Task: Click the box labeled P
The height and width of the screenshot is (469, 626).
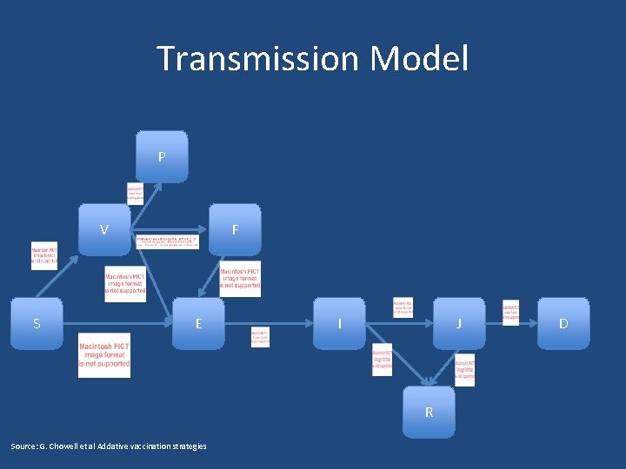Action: pos(161,156)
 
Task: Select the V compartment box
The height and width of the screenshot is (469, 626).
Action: pos(104,230)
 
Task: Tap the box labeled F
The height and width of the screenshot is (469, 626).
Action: pos(235,230)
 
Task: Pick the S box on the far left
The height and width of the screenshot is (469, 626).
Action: pos(37,324)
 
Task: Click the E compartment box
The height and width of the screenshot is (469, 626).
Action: pos(198,324)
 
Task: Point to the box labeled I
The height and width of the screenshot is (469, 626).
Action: pos(339,324)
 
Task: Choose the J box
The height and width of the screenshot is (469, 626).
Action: pos(459,324)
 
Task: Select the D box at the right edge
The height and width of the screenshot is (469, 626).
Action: pos(563,324)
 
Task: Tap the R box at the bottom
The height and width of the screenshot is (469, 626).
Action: pos(429,412)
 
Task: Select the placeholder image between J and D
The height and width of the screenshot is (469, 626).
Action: pos(510,313)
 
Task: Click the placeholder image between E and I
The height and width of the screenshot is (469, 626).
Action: pos(260,337)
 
